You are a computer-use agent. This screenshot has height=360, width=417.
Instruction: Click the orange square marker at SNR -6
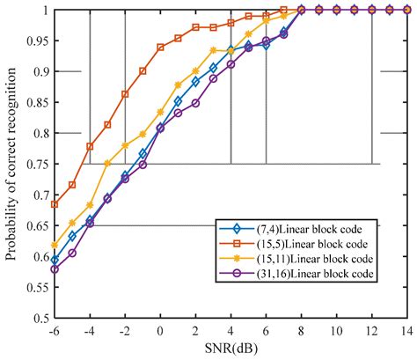click(x=55, y=204)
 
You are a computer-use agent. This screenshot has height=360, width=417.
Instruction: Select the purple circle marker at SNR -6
click(x=55, y=268)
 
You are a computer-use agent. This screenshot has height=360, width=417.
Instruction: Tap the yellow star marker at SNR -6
click(x=55, y=245)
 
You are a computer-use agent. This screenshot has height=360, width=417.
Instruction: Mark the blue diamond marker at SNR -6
click(x=55, y=260)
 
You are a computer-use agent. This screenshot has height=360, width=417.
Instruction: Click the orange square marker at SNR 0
click(x=160, y=48)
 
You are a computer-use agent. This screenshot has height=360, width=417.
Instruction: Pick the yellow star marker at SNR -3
click(x=107, y=164)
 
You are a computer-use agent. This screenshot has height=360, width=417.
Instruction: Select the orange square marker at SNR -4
click(x=90, y=146)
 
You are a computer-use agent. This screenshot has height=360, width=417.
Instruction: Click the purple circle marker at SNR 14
click(x=406, y=10)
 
